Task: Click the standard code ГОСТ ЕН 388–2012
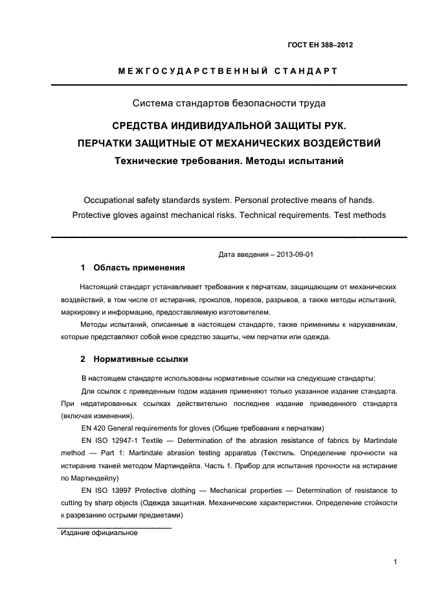(x=320, y=45)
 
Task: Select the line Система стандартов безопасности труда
(x=229, y=102)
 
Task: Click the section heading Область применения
(x=139, y=267)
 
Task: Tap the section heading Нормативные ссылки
(x=141, y=359)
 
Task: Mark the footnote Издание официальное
(x=100, y=533)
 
